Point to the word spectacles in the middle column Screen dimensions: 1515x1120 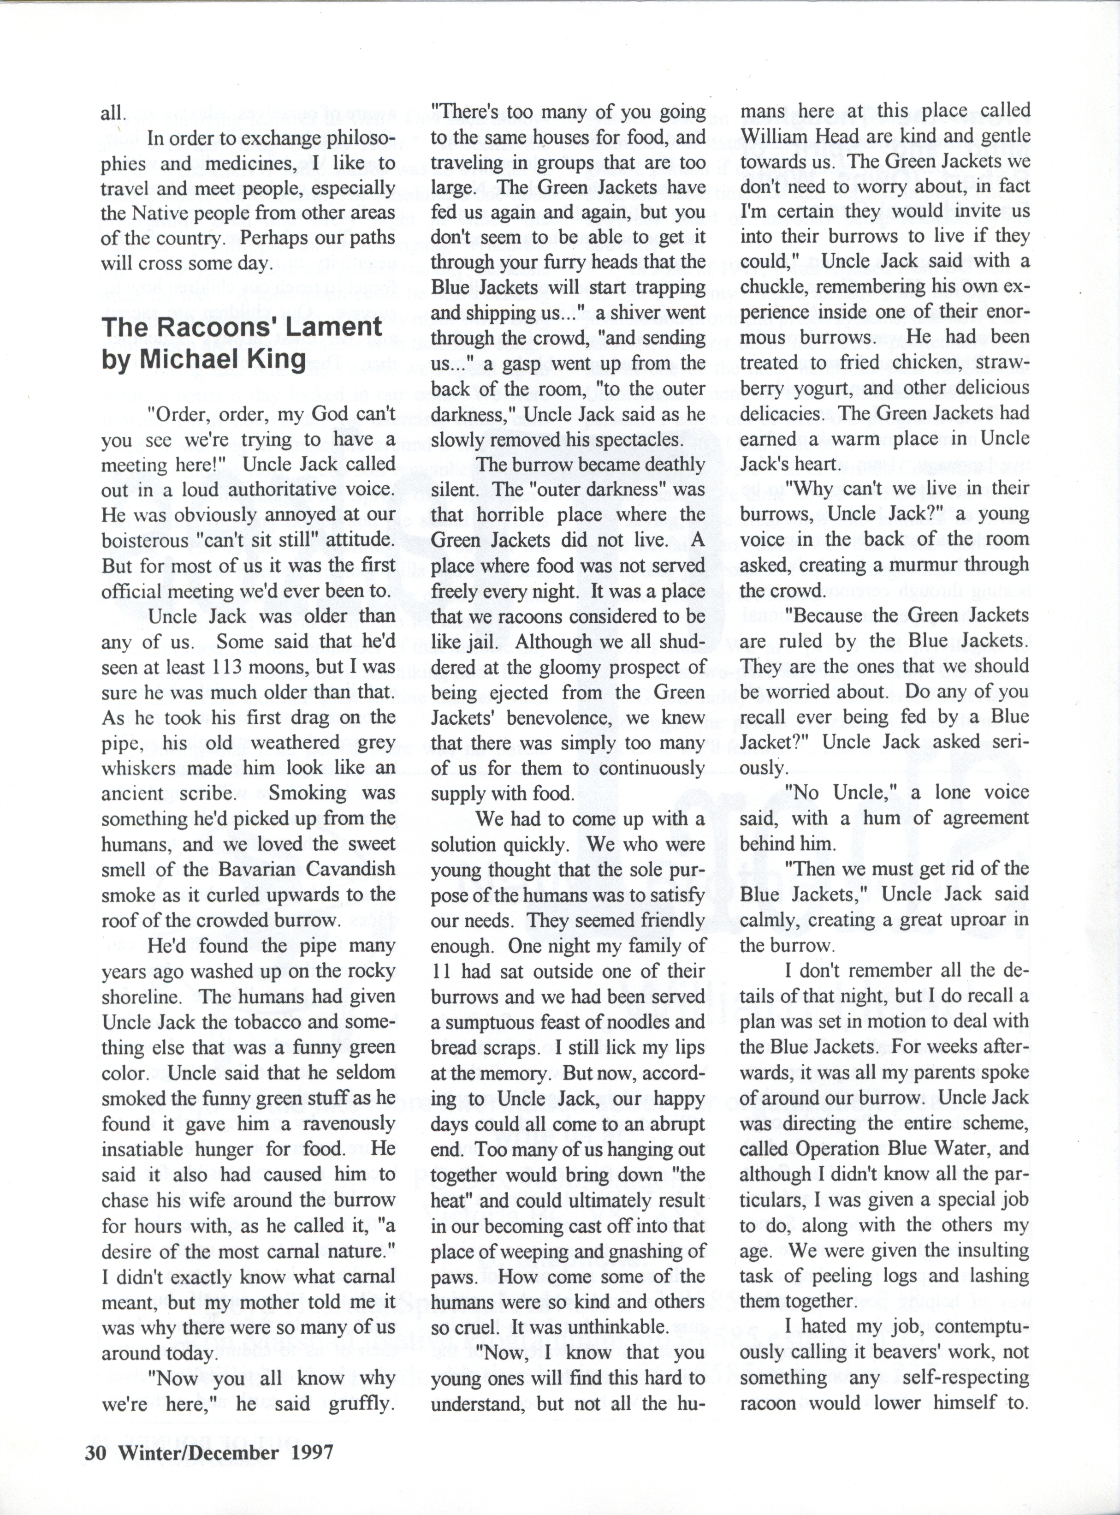(x=619, y=440)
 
